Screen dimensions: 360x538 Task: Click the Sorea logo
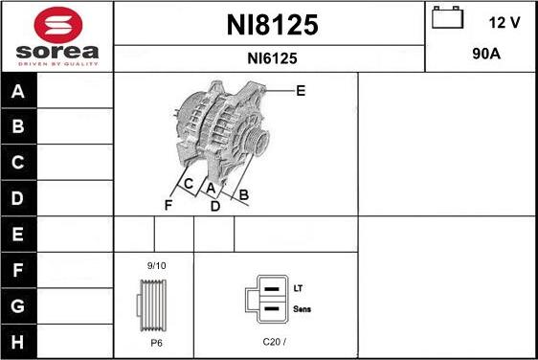point(56,35)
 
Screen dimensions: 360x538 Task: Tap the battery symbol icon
point(445,20)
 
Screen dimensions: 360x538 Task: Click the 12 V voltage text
point(504,22)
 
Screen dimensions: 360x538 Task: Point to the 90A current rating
point(486,55)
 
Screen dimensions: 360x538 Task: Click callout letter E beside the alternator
point(301,91)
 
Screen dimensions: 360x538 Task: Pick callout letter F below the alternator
point(168,205)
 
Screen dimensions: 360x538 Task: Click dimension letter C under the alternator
point(189,184)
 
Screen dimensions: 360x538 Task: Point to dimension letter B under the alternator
point(244,195)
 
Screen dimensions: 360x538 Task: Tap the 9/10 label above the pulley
point(156,265)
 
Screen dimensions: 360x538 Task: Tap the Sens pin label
point(302,309)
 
